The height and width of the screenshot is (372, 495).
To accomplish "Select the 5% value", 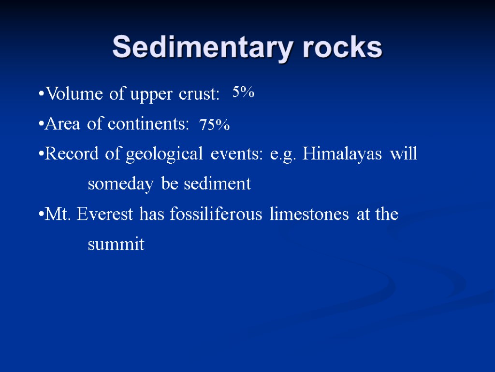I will tap(243, 92).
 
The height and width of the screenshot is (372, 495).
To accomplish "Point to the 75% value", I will tap(215, 125).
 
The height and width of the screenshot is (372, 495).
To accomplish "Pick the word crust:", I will tap(199, 95).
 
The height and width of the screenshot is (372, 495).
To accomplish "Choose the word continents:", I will tap(148, 124).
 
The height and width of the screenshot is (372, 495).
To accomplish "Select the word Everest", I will tap(106, 214).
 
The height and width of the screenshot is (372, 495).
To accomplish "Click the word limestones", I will tap(309, 214).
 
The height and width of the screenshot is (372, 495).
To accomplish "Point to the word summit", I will tap(116, 245).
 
